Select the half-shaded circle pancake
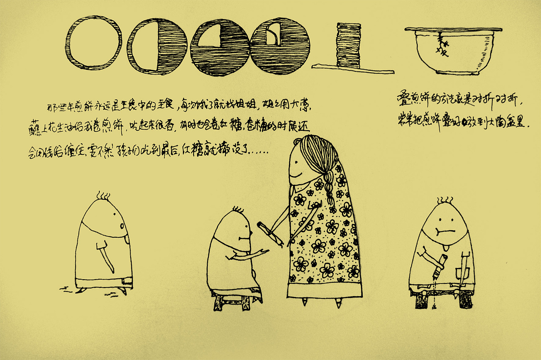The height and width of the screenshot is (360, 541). pos(157,46)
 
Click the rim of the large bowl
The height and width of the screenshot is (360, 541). pos(453,30)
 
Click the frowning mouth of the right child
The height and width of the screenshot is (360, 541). pos(442,232)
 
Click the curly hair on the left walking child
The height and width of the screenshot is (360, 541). pos(103,196)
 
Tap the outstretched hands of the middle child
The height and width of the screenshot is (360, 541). pos(262,253)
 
